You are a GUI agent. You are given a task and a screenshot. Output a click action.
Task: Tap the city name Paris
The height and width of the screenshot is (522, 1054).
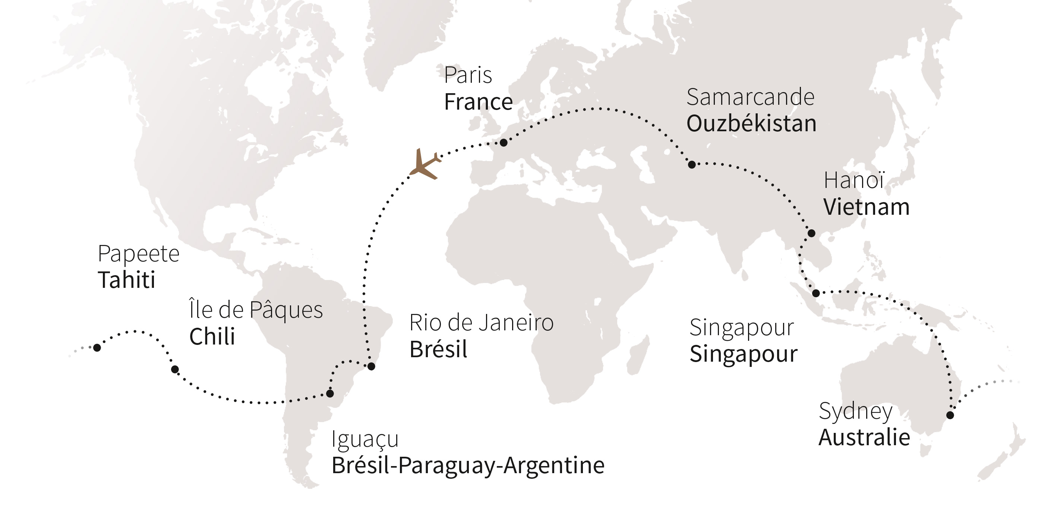coord(468,75)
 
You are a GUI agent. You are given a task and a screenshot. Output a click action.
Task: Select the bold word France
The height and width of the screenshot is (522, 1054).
coord(478,102)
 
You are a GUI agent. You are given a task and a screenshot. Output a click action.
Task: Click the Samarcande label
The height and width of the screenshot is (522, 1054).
coord(750,97)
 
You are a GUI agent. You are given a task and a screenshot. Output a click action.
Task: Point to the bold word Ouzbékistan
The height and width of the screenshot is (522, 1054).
coord(751,124)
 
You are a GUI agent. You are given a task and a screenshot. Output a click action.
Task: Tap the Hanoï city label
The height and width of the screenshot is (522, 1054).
coord(854,180)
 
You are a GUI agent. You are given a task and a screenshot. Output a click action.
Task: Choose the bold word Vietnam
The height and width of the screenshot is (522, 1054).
coord(866,207)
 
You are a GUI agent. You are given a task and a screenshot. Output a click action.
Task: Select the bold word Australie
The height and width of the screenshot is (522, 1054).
coord(864,437)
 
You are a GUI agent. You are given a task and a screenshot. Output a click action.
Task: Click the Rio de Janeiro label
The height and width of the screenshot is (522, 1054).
coord(481,323)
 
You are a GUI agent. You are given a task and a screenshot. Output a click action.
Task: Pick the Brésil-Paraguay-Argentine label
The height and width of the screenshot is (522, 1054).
coord(468,465)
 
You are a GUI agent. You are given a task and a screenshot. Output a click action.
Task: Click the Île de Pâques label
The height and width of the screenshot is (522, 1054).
coord(256,309)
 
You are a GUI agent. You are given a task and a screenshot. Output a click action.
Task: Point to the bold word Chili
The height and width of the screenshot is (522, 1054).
coord(212,337)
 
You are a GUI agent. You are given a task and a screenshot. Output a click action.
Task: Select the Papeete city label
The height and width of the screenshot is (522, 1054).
coord(138,254)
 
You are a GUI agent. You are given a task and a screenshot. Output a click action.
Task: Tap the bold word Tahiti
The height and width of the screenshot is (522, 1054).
coord(126,280)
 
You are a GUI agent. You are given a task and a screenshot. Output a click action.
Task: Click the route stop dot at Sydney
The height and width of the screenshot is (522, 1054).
coord(950,415)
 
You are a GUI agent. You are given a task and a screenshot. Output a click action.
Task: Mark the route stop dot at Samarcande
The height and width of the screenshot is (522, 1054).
coord(691,164)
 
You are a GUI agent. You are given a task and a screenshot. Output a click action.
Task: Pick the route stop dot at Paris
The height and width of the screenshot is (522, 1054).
coord(504,142)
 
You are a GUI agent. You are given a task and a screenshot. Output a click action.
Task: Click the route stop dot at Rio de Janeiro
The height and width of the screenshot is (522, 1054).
coord(371,367)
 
